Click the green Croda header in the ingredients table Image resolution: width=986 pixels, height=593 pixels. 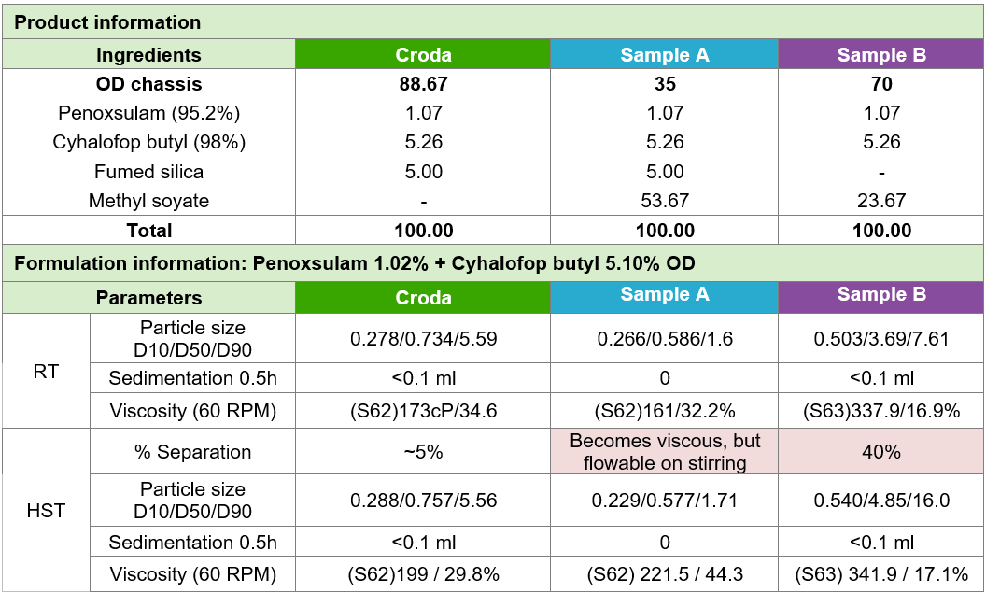click(423, 55)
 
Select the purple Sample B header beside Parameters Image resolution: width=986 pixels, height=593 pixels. click(881, 295)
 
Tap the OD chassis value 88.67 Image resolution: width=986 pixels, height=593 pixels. click(423, 84)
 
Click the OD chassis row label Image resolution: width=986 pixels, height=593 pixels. click(148, 84)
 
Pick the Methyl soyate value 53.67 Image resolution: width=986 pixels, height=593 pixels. click(664, 201)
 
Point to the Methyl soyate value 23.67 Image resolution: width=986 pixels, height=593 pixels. click(881, 201)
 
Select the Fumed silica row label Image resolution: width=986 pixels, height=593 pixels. click(148, 172)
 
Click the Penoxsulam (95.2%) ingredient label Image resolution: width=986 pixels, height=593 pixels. click(148, 113)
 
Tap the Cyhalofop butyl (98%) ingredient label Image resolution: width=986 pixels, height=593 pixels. click(148, 142)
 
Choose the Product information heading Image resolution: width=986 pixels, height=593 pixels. click(107, 22)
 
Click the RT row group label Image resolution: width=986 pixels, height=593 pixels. click(46, 371)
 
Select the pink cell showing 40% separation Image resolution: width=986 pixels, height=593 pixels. click(881, 452)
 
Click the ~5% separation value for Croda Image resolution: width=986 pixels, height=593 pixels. click(423, 452)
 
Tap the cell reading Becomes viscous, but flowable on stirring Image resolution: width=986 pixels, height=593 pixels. click(664, 452)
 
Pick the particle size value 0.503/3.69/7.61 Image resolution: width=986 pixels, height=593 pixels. click(881, 339)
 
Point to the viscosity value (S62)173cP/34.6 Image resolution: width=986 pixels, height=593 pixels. click(423, 410)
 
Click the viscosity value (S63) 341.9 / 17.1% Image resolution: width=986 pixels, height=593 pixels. click(881, 573)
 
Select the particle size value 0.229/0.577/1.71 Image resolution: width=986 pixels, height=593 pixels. click(664, 501)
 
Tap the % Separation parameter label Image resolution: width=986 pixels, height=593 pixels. click(192, 452)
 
